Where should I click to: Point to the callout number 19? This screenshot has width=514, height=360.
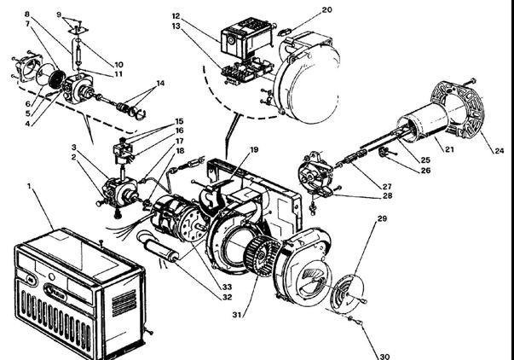pos(254,150)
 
